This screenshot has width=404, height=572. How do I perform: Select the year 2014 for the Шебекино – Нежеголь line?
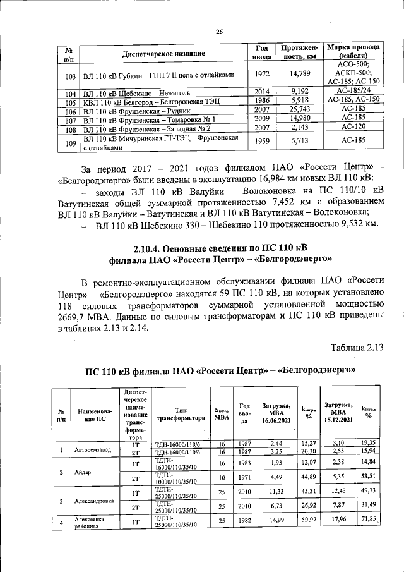pos(262,92)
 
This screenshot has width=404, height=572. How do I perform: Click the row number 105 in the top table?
pos(71,101)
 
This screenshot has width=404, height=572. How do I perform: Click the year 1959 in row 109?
pos(262,142)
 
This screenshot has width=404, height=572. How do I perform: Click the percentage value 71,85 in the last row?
pos(369,519)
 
